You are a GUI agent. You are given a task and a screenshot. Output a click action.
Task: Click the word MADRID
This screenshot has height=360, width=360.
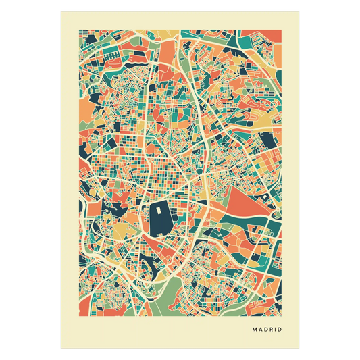(267, 331)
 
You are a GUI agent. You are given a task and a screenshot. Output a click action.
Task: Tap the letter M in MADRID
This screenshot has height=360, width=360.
(255, 331)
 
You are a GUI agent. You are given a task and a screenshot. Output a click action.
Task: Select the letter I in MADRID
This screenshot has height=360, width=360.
(277, 331)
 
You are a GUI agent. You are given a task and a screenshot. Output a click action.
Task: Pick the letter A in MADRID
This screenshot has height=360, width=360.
(261, 331)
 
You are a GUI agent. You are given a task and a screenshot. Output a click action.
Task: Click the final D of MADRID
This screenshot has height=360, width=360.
(280, 331)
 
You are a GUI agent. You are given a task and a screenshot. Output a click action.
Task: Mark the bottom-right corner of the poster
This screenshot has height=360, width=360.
(300, 349)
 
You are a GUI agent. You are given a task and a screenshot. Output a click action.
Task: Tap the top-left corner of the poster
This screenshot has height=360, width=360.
(60, 11)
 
